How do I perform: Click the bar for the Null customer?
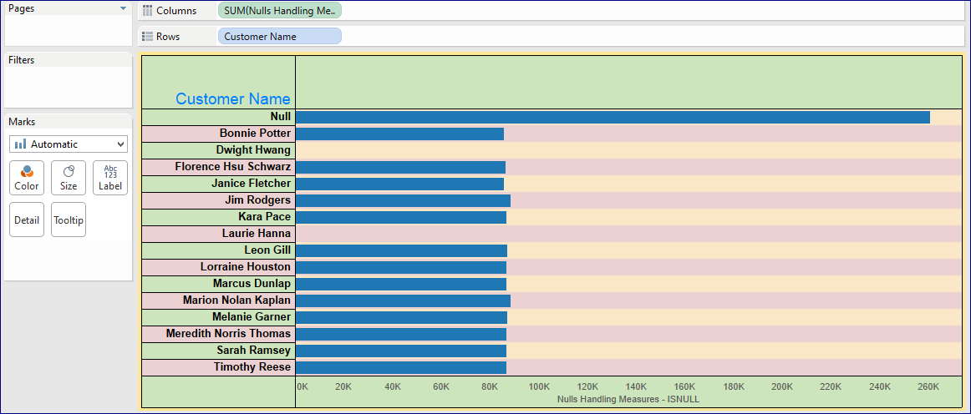click(612, 117)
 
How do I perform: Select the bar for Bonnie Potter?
click(399, 134)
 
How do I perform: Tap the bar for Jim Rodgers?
click(403, 200)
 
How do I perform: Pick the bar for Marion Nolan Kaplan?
click(403, 300)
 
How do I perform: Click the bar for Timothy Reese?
click(401, 367)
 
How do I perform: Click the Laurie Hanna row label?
click(257, 234)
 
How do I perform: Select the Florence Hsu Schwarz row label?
click(232, 167)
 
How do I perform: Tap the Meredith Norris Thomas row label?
click(228, 334)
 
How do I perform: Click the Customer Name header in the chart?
click(233, 99)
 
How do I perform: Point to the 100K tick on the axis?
click(539, 387)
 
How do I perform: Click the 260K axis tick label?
click(928, 387)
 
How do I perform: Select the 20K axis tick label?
click(343, 387)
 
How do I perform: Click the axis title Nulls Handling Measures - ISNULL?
click(628, 400)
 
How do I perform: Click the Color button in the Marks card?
click(27, 178)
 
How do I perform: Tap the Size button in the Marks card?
click(69, 178)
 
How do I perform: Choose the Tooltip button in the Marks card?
click(69, 220)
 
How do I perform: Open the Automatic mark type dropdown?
click(69, 144)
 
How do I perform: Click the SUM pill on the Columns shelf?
click(279, 11)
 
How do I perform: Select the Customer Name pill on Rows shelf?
click(279, 37)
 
